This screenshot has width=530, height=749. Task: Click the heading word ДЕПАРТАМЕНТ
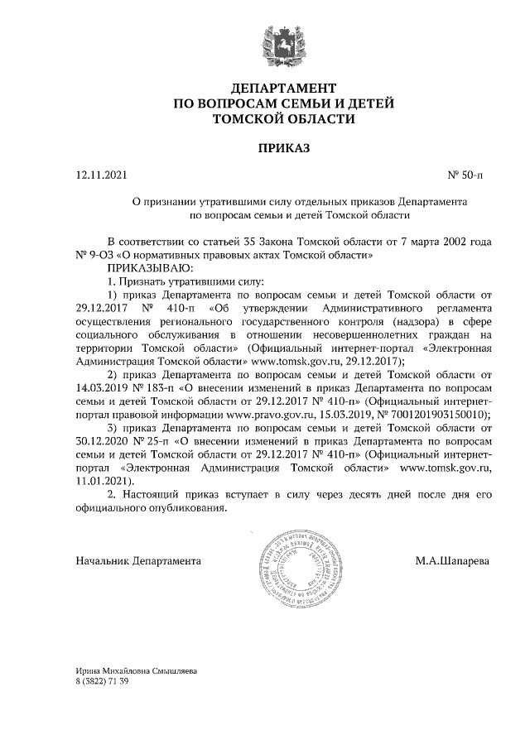coord(284,88)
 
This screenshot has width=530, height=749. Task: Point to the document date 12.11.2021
coord(102,175)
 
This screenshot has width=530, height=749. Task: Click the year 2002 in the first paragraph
coord(448,243)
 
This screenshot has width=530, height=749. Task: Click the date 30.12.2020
coord(104,442)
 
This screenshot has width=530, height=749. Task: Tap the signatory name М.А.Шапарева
coord(452,561)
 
